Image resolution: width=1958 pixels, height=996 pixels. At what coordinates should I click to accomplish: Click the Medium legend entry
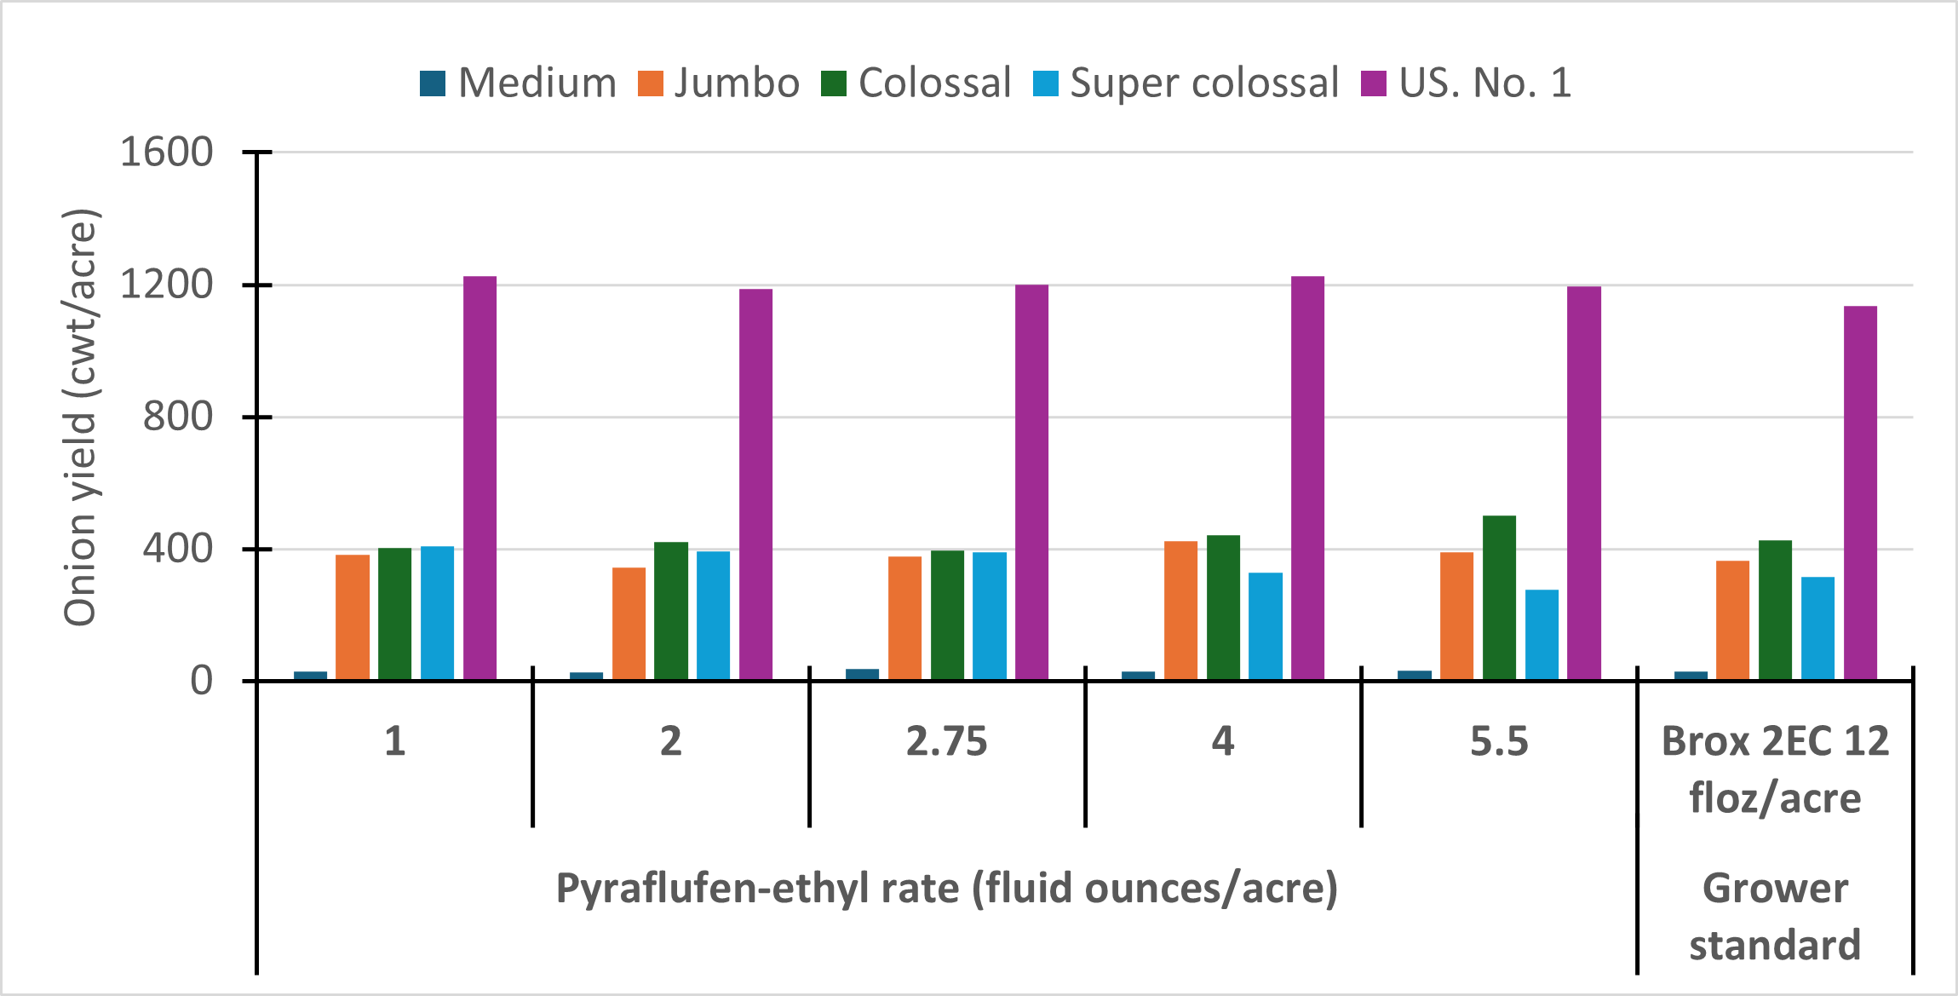point(519,83)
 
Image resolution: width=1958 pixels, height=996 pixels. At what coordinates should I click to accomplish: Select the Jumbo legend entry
point(720,83)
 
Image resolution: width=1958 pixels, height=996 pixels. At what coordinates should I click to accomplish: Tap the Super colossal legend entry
point(1186,83)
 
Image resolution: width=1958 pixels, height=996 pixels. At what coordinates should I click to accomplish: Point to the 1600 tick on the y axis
point(167,153)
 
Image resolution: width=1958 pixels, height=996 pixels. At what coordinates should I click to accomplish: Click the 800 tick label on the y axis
point(177,417)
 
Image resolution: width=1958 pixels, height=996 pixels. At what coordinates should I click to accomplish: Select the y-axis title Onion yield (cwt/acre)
point(82,417)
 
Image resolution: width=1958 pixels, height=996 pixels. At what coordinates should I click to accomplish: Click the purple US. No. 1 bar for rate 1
point(479,477)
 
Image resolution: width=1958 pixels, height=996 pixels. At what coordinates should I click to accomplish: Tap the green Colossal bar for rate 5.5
point(1499,596)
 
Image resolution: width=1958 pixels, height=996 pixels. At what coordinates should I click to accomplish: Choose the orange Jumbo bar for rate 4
point(1180,610)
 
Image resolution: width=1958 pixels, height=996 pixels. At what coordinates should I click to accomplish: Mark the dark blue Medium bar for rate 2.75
point(862,674)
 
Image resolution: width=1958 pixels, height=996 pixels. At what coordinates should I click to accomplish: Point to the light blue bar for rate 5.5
point(1542,634)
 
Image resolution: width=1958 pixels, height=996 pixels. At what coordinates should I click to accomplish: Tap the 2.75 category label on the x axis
point(946,741)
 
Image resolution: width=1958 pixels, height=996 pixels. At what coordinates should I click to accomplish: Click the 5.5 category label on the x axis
point(1499,741)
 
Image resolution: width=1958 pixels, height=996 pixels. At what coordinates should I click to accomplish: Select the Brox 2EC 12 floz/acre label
point(1775,769)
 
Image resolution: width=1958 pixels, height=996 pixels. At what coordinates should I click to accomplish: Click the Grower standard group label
point(1775,917)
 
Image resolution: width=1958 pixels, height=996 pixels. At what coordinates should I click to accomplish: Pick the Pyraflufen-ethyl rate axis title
point(946,889)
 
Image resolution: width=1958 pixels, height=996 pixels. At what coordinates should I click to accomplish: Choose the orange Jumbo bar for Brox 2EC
point(1732,619)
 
